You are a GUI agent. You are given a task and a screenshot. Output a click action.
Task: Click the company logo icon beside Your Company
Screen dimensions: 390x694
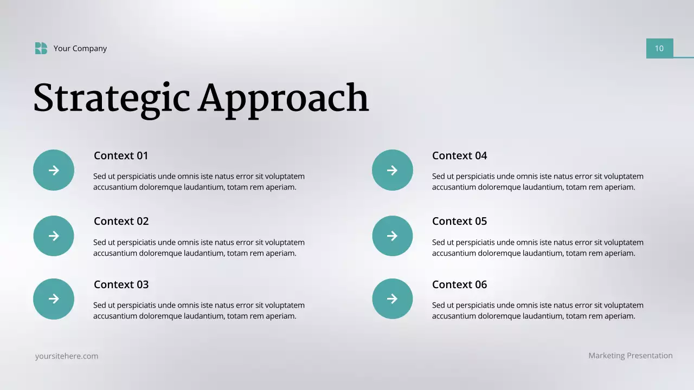41,48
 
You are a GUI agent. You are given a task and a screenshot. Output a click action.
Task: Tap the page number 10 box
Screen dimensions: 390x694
659,48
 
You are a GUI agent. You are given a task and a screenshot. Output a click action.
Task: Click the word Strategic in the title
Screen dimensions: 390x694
111,99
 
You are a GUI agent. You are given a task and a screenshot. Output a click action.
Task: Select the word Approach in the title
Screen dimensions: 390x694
283,99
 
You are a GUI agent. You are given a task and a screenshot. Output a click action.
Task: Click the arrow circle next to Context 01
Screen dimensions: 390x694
54,170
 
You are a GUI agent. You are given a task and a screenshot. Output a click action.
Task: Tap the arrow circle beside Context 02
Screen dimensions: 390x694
54,236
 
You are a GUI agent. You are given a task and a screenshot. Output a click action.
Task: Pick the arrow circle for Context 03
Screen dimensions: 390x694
54,298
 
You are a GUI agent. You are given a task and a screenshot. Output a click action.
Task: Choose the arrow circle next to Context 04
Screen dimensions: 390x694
392,170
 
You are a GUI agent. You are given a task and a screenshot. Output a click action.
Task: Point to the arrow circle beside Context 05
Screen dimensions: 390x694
392,236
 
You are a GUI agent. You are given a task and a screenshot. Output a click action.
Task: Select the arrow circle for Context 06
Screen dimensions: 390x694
392,298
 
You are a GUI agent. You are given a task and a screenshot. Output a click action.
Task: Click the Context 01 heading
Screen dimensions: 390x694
121,155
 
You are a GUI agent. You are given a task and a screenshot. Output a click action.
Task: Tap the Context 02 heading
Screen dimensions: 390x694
121,221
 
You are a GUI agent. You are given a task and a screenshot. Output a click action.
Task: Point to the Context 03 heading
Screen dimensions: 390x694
121,284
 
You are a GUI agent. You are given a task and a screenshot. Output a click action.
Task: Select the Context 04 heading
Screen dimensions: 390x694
459,155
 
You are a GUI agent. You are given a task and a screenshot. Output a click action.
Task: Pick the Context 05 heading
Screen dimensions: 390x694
459,221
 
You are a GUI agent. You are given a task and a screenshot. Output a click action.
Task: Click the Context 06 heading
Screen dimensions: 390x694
459,284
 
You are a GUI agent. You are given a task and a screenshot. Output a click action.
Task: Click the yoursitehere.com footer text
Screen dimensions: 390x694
67,356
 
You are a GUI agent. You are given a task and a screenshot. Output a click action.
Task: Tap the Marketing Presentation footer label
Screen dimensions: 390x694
631,355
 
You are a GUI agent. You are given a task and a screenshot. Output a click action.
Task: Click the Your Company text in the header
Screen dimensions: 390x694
80,48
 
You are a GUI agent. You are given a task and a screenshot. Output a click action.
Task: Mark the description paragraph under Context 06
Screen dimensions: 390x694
537,310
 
